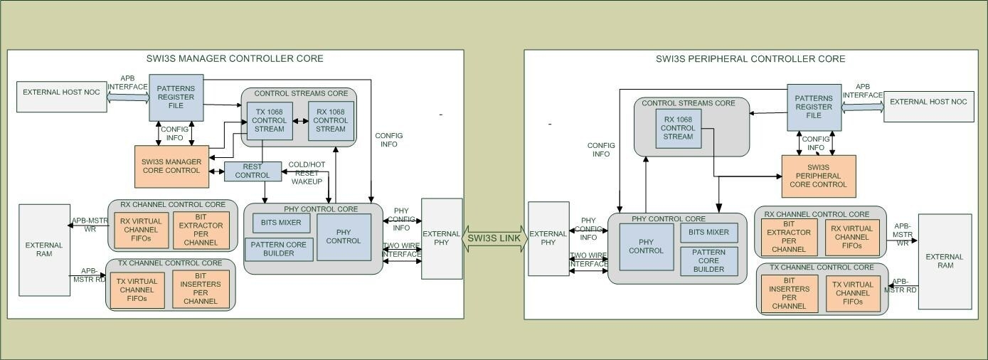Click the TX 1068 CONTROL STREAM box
[x=265, y=120]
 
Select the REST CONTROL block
[x=252, y=171]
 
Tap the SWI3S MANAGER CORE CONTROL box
[x=171, y=166]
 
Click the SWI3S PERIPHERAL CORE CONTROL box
[x=818, y=176]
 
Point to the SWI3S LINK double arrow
[x=495, y=238]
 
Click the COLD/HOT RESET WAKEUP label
[x=307, y=173]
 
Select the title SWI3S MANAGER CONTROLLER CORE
[x=235, y=58]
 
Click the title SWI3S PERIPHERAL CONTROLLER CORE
[x=750, y=58]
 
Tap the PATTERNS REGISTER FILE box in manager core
[x=176, y=97]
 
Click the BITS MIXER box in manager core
[x=281, y=223]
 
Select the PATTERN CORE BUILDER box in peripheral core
[x=709, y=260]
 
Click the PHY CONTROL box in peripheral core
[x=647, y=246]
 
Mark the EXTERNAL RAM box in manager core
[x=44, y=250]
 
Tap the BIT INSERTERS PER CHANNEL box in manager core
[x=201, y=290]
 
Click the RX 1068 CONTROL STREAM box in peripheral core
[x=677, y=128]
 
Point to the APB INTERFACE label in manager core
[x=127, y=83]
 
